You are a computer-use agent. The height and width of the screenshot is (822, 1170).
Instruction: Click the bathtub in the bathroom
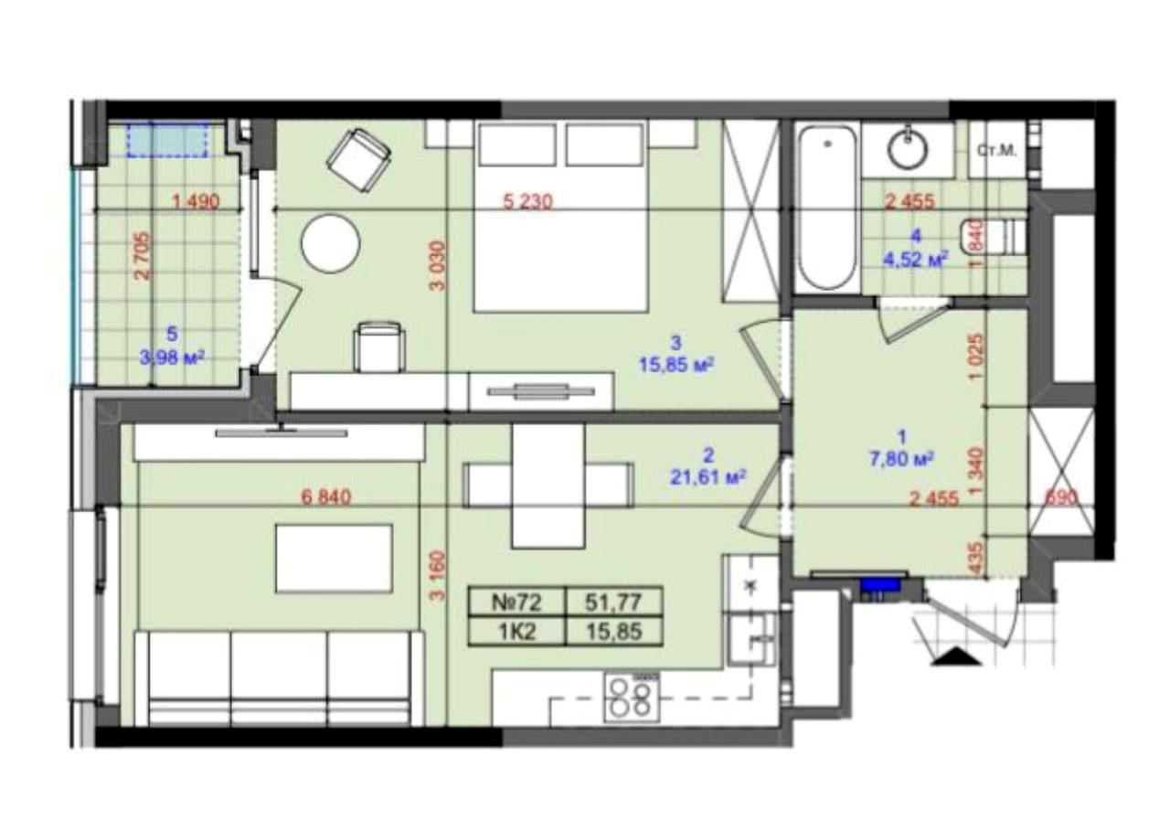pyautogui.click(x=828, y=208)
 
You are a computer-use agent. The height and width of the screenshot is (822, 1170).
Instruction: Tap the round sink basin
pyautogui.click(x=909, y=149)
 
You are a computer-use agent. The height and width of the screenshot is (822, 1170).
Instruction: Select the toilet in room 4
pyautogui.click(x=994, y=237)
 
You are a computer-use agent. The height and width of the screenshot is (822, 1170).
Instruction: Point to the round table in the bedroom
pyautogui.click(x=331, y=243)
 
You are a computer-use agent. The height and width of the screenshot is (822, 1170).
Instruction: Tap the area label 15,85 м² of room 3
pyautogui.click(x=676, y=364)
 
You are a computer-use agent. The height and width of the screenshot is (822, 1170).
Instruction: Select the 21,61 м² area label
pyautogui.click(x=707, y=476)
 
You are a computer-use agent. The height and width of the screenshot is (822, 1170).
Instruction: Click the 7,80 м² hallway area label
pyautogui.click(x=901, y=460)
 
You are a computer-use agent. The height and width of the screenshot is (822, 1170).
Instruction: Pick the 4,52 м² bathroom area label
pyautogui.click(x=916, y=260)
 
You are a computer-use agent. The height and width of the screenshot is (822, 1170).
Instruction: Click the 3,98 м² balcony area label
pyautogui.click(x=172, y=358)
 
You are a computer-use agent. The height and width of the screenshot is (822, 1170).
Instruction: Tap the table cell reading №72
pyautogui.click(x=517, y=603)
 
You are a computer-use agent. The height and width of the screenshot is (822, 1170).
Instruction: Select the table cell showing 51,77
pyautogui.click(x=613, y=603)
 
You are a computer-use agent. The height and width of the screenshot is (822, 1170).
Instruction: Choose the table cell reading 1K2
pyautogui.click(x=517, y=633)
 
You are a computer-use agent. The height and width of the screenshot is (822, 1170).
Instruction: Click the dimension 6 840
pyautogui.click(x=326, y=497)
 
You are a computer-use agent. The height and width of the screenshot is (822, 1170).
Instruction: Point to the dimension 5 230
pyautogui.click(x=527, y=201)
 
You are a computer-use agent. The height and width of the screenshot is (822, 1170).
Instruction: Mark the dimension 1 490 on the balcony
pyautogui.click(x=196, y=201)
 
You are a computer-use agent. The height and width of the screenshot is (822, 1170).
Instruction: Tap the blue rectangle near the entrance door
pyautogui.click(x=880, y=584)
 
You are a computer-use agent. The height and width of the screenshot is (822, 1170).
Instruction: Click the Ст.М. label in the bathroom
pyautogui.click(x=997, y=151)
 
